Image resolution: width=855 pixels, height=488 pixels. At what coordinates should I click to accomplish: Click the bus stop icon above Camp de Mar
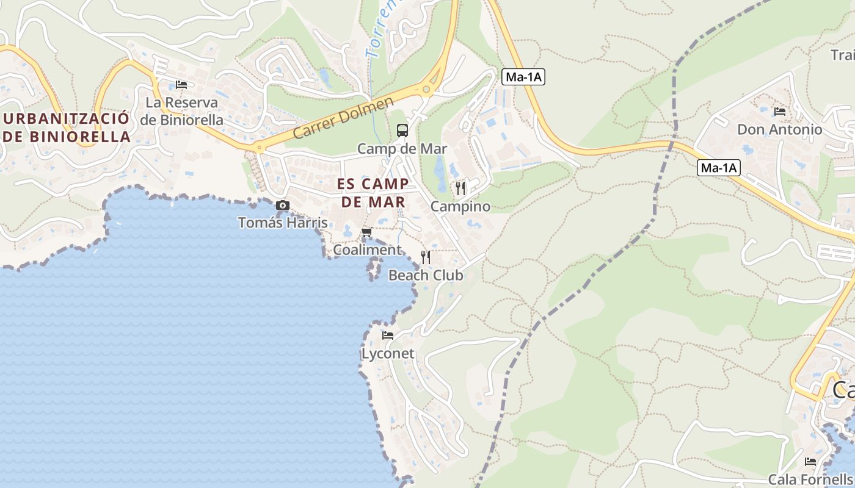coord(402,130)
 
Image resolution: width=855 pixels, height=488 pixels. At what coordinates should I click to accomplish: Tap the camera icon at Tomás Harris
coord(282,206)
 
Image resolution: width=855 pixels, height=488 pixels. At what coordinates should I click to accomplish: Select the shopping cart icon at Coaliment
coord(367,232)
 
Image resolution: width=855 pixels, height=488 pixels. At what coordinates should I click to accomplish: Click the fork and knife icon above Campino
coord(460,188)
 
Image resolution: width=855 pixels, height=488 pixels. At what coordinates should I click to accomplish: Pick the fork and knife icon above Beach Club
coord(426,257)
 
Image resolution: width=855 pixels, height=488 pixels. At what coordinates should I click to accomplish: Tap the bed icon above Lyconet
coord(388,335)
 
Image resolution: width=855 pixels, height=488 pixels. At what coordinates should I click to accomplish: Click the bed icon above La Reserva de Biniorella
coord(181,85)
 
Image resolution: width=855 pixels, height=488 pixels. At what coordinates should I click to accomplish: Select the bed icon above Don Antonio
coord(779,112)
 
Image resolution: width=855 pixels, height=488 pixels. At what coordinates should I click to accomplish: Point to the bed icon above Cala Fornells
coord(810,461)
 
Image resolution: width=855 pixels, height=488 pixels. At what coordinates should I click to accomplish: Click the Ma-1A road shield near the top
coord(523,77)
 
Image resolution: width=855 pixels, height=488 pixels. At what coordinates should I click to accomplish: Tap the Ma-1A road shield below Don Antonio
coord(719,168)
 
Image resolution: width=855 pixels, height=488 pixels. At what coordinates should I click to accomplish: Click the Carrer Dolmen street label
coord(343,118)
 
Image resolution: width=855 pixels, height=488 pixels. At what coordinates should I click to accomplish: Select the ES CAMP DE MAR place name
coord(373,193)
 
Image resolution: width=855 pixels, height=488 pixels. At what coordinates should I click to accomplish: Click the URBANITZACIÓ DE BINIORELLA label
coord(67,127)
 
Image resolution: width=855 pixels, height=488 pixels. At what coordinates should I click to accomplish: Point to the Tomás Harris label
coord(283,223)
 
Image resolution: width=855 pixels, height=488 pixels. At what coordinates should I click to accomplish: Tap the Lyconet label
coord(388,354)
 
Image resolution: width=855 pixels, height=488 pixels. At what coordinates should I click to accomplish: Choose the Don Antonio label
coord(780,129)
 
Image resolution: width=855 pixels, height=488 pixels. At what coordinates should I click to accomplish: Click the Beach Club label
coord(426,275)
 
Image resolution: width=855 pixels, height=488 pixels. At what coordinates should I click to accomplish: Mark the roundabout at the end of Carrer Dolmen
coord(426,90)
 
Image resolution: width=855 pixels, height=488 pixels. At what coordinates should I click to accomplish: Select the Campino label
coord(460,206)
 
